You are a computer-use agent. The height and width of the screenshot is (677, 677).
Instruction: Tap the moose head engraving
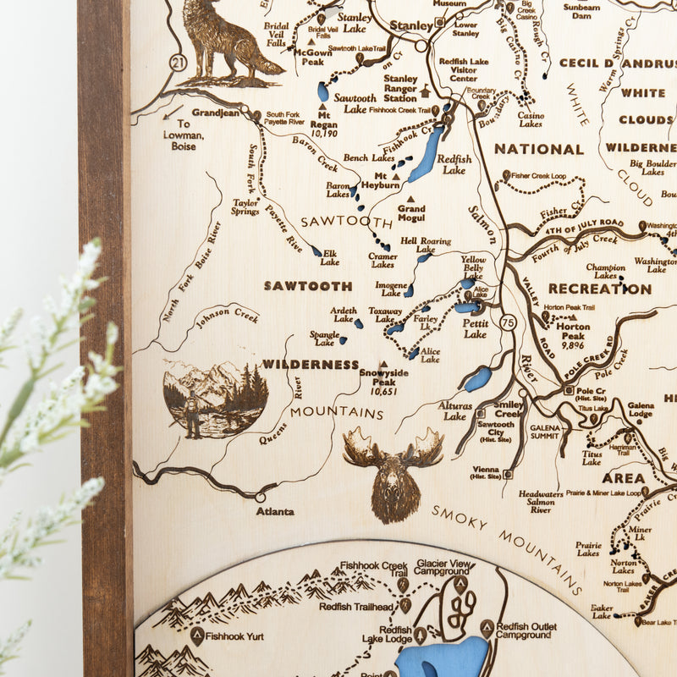coord(394,474)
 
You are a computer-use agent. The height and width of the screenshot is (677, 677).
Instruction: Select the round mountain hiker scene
coord(215,399)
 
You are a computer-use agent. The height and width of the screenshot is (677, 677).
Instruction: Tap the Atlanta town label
coord(275,511)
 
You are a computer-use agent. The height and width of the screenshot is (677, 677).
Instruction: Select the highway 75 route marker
coord(507,322)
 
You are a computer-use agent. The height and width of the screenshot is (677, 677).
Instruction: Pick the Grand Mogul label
coord(411,212)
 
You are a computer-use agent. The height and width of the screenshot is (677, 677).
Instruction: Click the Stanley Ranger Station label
coord(399,86)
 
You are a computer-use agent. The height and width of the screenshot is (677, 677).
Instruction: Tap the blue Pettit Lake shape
coord(466,308)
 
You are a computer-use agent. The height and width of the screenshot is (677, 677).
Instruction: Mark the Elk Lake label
coord(329,257)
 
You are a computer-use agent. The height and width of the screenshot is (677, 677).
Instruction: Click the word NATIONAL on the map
coord(539,149)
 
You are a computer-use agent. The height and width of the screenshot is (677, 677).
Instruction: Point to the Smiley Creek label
coord(508,409)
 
